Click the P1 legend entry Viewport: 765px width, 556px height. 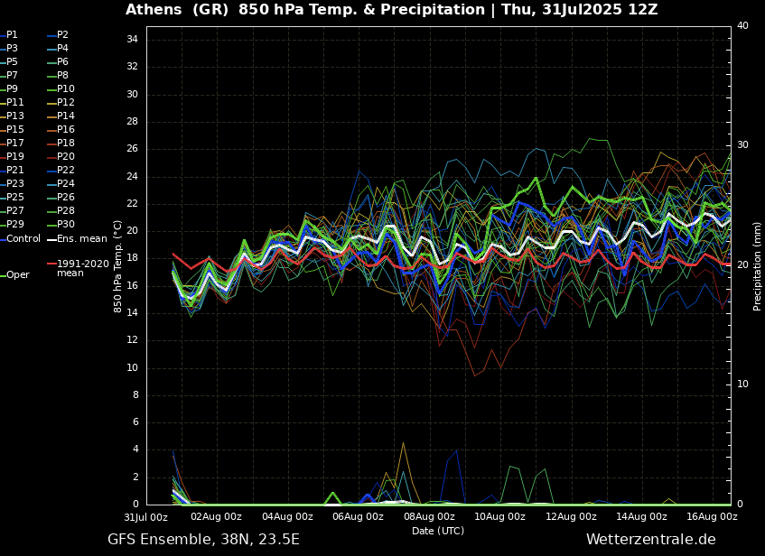[12, 35]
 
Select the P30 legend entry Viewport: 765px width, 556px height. [65, 225]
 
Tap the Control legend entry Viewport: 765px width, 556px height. [23, 238]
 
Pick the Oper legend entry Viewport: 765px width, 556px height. [18, 274]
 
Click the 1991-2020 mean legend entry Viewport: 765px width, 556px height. [82, 268]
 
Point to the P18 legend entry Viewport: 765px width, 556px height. [65, 144]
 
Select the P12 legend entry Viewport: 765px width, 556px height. [65, 103]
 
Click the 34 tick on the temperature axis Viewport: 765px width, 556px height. [132, 40]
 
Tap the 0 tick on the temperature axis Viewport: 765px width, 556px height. [135, 505]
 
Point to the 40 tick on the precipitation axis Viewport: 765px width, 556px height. [742, 26]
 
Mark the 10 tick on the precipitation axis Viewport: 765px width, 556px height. [742, 385]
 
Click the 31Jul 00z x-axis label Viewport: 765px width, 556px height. [145, 517]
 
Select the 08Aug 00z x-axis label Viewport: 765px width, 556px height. [429, 517]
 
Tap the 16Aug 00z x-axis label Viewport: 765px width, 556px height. [712, 517]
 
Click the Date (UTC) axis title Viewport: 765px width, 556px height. [438, 531]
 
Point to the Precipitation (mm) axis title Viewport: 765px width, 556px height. [758, 266]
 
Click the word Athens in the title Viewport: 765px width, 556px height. [153, 10]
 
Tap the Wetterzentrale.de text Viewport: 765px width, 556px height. [650, 540]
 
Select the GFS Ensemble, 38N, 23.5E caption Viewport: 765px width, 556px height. [203, 540]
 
